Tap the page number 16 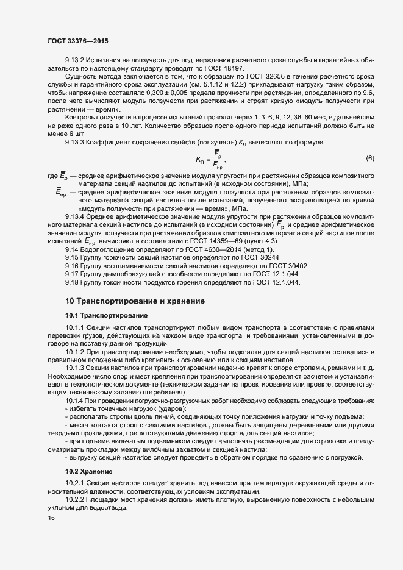pos(51,518)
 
